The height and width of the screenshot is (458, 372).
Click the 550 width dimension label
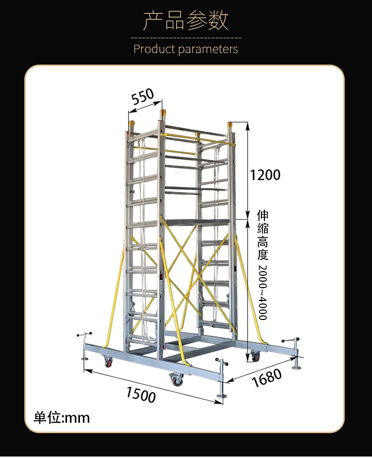[x=142, y=96]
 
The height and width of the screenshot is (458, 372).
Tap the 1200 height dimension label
[x=265, y=175]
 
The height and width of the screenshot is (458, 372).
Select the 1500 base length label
[x=141, y=394]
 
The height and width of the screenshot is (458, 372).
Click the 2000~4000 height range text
[x=262, y=293]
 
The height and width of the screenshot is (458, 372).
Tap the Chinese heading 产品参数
[x=186, y=20]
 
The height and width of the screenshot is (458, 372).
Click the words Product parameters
[x=186, y=49]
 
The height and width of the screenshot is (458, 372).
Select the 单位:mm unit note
[x=62, y=418]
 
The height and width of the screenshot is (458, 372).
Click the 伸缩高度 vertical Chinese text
[x=262, y=235]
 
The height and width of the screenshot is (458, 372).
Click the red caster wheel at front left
[x=109, y=362]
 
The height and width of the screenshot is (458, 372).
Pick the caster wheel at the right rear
[x=255, y=356]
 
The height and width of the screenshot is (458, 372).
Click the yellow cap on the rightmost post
[x=230, y=127]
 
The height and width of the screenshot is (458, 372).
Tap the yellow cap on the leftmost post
[x=132, y=125]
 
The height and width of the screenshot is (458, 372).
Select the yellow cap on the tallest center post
[x=163, y=114]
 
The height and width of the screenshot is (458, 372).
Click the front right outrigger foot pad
[x=221, y=396]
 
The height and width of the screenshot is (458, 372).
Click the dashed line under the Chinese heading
[x=186, y=38]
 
